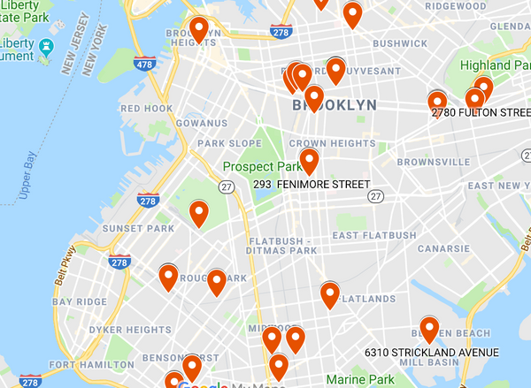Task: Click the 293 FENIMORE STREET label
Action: coord(311,184)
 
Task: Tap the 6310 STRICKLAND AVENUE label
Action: coord(432,352)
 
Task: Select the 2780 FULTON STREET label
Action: coord(481,112)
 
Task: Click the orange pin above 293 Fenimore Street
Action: coord(309,161)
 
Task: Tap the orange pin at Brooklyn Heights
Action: coord(199,29)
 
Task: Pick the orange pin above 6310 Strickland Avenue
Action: coord(430,329)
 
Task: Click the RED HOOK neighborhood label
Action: coord(146,108)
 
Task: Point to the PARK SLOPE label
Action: coord(229,143)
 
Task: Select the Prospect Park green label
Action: coord(262,165)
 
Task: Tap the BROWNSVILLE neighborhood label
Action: coord(433,162)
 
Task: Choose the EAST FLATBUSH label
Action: coord(374,235)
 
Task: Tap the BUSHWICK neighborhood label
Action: coord(375,42)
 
